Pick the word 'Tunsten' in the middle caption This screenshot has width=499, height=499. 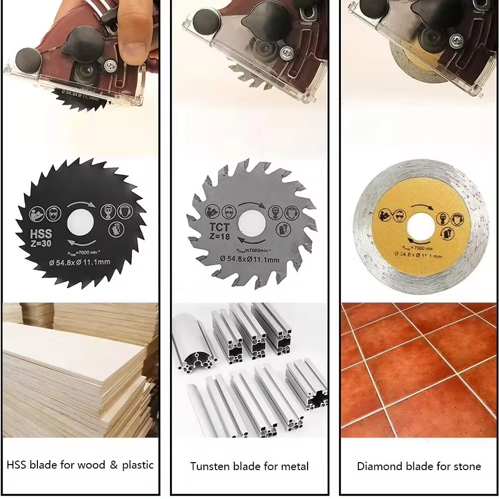[209, 467]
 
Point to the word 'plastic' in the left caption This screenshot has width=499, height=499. [138, 465]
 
